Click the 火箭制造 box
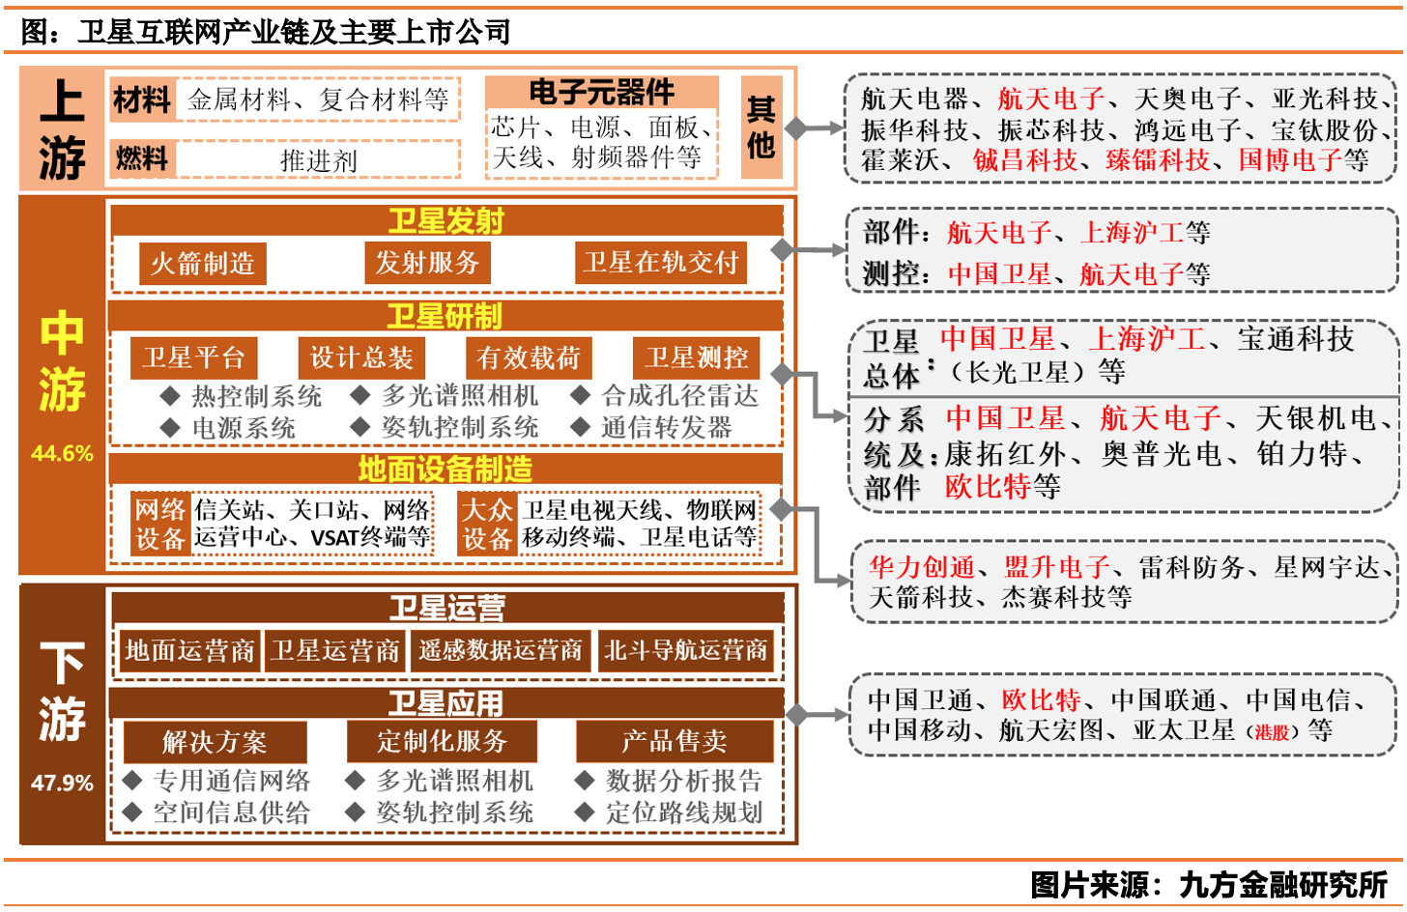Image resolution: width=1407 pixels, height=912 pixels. point(202,263)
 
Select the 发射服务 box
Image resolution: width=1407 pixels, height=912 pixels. point(427,263)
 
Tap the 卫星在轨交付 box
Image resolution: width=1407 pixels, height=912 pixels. point(661,263)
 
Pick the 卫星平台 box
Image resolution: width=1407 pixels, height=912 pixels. point(193,357)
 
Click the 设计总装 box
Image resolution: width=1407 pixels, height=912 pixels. point(361,357)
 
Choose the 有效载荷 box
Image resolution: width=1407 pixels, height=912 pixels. point(528,357)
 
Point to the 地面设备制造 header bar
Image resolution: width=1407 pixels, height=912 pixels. point(445,470)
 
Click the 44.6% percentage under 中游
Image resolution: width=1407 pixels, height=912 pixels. point(62,453)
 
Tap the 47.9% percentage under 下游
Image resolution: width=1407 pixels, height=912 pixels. point(62,783)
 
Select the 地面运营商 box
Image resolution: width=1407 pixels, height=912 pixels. point(189,650)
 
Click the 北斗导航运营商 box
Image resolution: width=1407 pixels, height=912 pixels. point(685,650)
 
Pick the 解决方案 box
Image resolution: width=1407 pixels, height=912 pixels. point(215,742)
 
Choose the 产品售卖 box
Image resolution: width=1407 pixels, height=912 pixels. point(674,741)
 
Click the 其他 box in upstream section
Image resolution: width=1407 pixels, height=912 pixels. point(761,128)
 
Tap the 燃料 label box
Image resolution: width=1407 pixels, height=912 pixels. point(142,158)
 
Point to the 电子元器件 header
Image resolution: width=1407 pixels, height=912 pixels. point(601,93)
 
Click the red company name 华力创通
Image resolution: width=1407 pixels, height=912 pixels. point(922,567)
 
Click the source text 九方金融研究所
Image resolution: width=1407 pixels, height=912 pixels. point(1283,884)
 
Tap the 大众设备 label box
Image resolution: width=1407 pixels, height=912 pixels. point(486,524)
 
